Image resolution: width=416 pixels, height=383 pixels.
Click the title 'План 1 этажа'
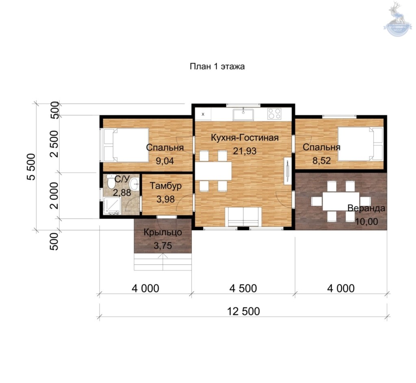click(217, 66)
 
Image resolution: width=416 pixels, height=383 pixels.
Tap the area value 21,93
click(245, 151)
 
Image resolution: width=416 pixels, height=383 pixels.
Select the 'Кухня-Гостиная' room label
click(245, 138)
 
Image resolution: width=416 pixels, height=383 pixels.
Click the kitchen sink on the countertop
click(243, 115)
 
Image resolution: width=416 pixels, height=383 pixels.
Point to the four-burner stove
click(274, 114)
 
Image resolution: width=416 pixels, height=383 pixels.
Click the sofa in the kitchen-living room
click(243, 217)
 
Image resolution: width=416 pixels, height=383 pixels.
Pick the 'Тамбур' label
click(166, 185)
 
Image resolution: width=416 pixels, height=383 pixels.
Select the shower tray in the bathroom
click(112, 206)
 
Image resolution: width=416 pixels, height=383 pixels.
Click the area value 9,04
click(165, 161)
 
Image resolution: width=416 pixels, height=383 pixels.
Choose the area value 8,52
click(321, 160)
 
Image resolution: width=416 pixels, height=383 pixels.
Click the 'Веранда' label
click(366, 208)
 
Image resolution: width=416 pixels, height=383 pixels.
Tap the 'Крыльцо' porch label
click(162, 232)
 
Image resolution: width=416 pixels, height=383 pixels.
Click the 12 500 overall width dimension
click(243, 311)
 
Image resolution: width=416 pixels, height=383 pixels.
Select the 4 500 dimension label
click(243, 288)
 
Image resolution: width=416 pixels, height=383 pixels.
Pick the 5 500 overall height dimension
click(31, 167)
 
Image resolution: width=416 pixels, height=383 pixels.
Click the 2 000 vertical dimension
click(54, 195)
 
